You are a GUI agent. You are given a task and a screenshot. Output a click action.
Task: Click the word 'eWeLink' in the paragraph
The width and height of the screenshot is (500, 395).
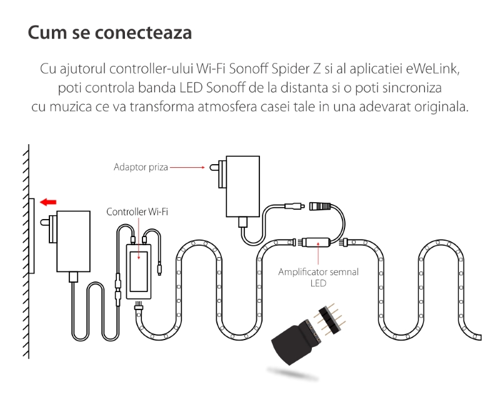(x=432, y=69)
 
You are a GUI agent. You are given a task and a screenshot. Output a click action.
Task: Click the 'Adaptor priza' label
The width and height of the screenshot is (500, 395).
(x=141, y=167)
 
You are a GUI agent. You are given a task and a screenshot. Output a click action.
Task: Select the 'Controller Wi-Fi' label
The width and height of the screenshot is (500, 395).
(x=137, y=212)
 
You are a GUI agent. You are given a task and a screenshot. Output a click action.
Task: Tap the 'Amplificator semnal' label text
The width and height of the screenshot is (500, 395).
(x=318, y=272)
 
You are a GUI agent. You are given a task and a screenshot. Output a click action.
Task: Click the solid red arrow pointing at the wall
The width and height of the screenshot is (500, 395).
(x=48, y=202)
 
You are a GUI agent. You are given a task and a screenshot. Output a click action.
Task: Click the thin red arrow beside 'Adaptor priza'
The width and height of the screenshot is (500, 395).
(x=187, y=167)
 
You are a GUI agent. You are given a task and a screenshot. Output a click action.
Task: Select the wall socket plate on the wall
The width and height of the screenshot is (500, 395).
(x=32, y=235)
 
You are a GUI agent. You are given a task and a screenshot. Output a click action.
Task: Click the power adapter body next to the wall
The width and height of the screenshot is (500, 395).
(x=73, y=241)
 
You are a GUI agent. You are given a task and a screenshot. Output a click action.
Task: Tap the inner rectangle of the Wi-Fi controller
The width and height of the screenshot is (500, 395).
(x=139, y=271)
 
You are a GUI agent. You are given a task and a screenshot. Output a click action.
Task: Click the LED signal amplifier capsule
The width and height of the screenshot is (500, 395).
(x=316, y=242)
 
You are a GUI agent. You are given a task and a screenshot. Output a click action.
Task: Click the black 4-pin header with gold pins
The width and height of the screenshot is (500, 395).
(x=329, y=319)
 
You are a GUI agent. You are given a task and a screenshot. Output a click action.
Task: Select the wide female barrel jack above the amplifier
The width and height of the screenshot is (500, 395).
(x=319, y=206)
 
